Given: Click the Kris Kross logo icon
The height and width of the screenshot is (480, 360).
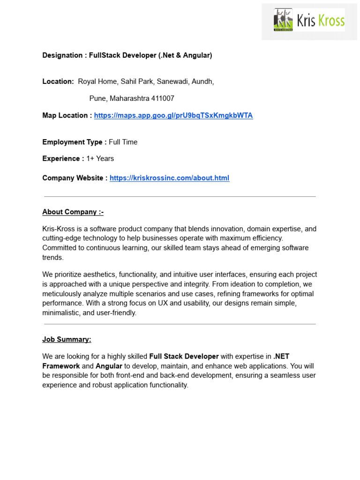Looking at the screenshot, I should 283,20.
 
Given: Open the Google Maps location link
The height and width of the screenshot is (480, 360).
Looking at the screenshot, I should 173,115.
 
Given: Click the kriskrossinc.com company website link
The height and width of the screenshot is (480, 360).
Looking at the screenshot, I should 169,178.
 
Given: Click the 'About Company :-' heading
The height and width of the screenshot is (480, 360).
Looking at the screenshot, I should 73,212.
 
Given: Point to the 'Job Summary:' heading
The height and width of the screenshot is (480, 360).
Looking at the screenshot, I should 67,339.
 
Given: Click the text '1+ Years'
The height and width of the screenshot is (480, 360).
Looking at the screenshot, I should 100,158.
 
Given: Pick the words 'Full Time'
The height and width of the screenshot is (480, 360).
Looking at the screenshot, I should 123,142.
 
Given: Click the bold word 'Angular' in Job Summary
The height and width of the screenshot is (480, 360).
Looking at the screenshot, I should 109,366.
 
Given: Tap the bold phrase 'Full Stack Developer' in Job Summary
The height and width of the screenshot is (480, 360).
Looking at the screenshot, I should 184,356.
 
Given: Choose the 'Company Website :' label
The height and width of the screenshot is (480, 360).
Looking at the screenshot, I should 75,178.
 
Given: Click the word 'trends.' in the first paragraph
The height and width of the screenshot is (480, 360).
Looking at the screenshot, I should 52,257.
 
